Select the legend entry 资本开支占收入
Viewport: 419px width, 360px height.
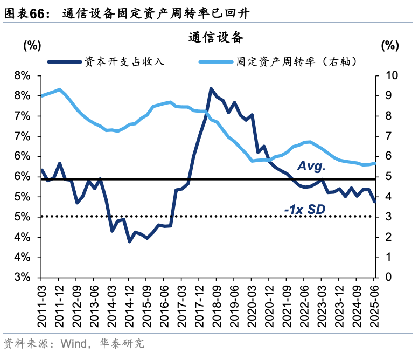coord(123,61)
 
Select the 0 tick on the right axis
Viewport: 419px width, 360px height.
coord(384,278)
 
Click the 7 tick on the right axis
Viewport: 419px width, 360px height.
coord(384,136)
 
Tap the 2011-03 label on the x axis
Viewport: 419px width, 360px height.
coord(42,305)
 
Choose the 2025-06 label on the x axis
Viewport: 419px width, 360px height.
coord(375,305)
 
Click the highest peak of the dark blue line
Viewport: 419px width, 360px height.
coord(211,89)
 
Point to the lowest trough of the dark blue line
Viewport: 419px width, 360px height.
coord(129,241)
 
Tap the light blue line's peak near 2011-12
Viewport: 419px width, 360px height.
coord(59,89)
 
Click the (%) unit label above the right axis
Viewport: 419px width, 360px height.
coord(389,46)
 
